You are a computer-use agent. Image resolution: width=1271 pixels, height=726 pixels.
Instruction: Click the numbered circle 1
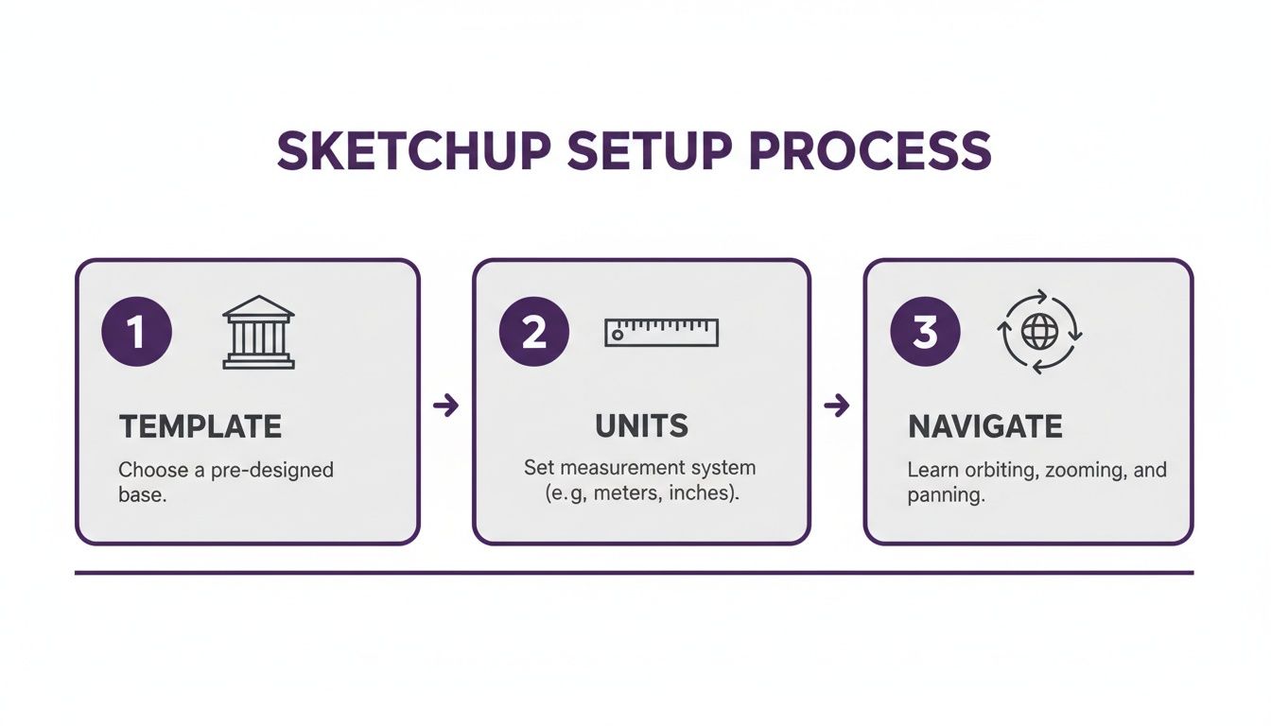pyautogui.click(x=136, y=333)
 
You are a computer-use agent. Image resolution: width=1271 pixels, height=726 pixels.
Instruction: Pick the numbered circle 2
pyautogui.click(x=533, y=333)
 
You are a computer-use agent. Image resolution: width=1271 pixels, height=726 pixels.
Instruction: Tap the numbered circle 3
pyautogui.click(x=925, y=333)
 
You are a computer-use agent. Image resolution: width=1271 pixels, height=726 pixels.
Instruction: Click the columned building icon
pyautogui.click(x=258, y=332)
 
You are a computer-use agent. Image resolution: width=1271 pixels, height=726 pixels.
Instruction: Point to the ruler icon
pyautogui.click(x=661, y=332)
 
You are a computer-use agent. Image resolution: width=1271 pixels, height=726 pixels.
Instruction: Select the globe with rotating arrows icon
pyautogui.click(x=1040, y=332)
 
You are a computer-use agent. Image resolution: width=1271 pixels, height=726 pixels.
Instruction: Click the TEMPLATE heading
pyautogui.click(x=200, y=426)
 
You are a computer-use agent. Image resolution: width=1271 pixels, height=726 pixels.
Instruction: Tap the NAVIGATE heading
pyautogui.click(x=985, y=426)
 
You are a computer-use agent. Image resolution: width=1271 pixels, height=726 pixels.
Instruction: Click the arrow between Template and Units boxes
pyautogui.click(x=445, y=406)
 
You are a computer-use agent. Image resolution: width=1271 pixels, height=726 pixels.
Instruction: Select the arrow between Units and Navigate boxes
pyautogui.click(x=837, y=406)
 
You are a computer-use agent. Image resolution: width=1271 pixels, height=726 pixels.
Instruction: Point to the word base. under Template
pyautogui.click(x=142, y=494)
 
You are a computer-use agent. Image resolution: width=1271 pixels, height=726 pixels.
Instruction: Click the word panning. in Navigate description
pyautogui.click(x=946, y=495)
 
